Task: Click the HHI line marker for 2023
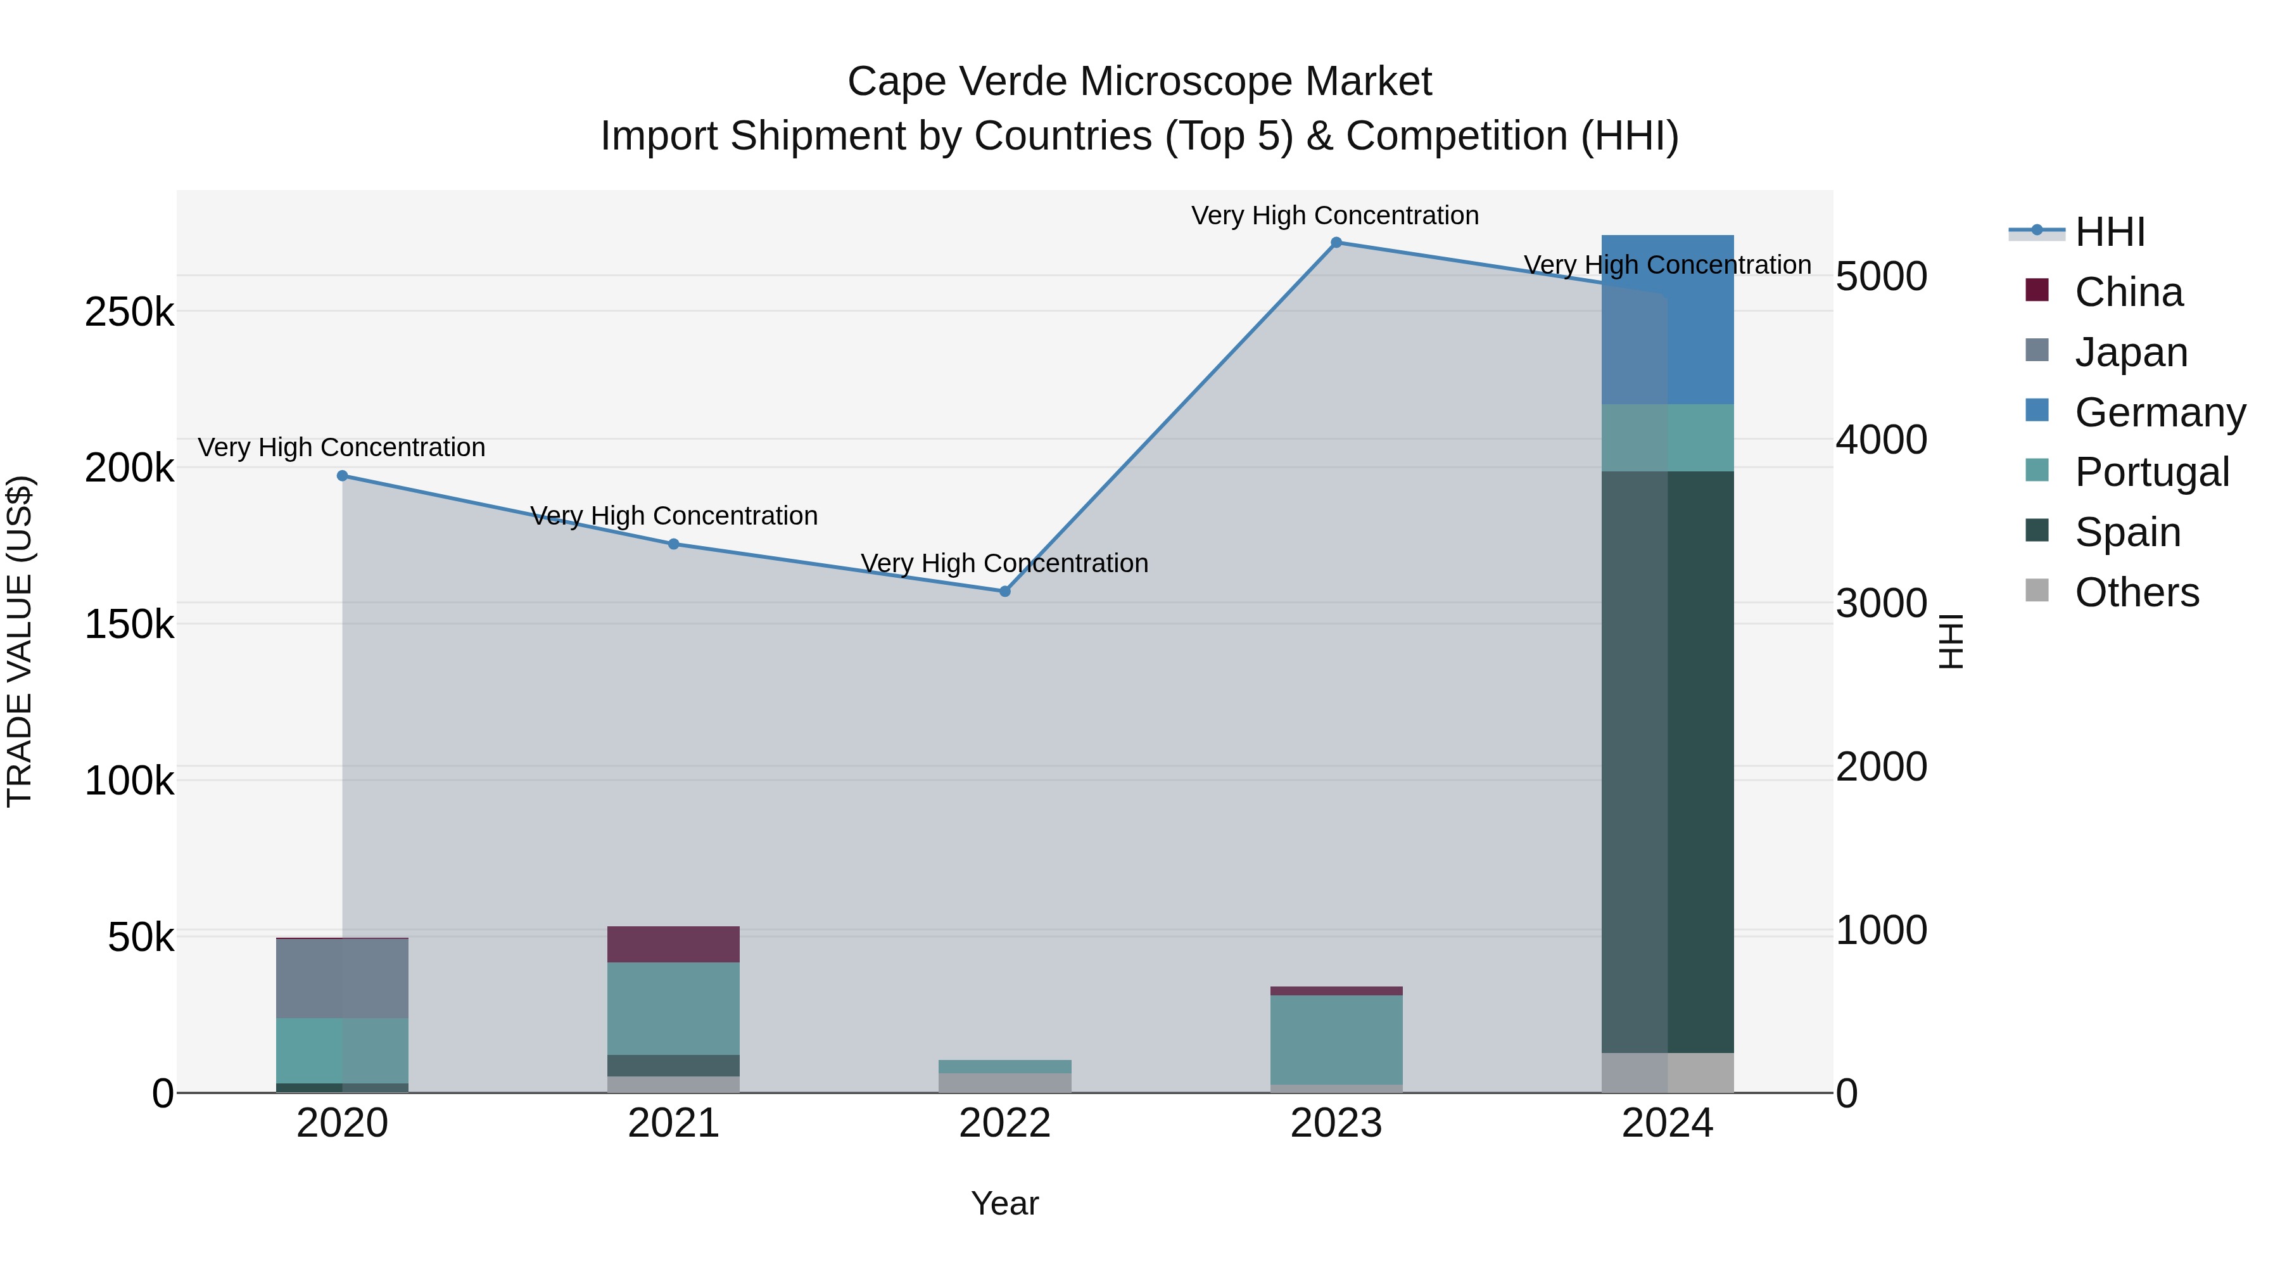point(1336,242)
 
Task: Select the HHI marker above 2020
point(343,475)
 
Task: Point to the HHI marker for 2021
point(674,544)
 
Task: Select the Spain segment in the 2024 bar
point(1668,762)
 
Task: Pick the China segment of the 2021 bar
point(674,944)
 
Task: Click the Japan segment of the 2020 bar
point(343,978)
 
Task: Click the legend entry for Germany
point(2159,412)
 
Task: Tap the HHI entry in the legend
point(2109,232)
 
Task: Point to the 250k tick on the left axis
point(129,312)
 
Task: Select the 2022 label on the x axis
point(1004,1123)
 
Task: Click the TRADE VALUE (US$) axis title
point(20,641)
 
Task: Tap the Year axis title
point(1004,1203)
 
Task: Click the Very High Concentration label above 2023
point(1334,215)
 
